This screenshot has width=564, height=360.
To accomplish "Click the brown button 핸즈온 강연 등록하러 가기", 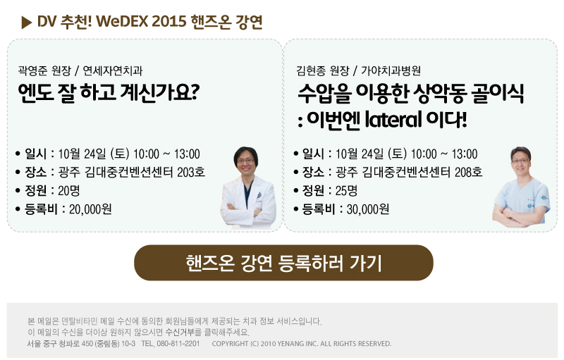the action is coord(283,263).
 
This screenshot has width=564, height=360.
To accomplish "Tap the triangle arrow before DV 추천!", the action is coord(26,23).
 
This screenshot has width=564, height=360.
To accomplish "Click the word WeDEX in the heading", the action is coord(122,22).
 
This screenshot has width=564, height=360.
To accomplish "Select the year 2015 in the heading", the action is coord(168,22).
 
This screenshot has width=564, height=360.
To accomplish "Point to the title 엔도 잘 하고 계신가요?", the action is coord(109,92).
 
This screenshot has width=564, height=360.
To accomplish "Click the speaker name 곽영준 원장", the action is coord(44,70).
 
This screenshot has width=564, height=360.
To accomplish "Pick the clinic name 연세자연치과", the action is coord(113,70).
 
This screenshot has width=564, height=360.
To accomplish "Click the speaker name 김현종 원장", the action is coord(323,70).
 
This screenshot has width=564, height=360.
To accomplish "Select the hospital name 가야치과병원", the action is coord(391,70).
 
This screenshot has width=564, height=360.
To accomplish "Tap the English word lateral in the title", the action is coord(393,119).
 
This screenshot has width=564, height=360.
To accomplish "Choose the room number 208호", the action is coord(468,172).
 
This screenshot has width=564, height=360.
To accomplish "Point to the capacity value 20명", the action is coord(68,190).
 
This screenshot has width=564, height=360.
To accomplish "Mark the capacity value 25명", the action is coord(346,190).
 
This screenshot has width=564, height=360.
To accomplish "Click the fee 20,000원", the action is coord(90,209).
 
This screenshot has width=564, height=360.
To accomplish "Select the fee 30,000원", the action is coord(367,209).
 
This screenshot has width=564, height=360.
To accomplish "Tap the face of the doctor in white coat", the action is coord(246,161).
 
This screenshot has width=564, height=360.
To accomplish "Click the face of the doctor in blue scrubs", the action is coord(520,160).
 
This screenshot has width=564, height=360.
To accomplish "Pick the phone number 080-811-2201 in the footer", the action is coord(178,344).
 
